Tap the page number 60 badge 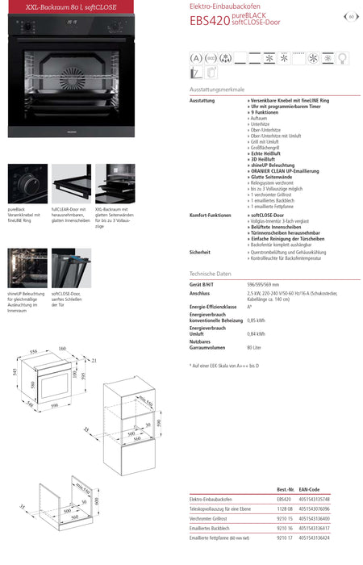[352, 16]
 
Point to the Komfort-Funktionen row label [210, 216]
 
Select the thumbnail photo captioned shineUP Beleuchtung [27, 269]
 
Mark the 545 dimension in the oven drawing [15, 372]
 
